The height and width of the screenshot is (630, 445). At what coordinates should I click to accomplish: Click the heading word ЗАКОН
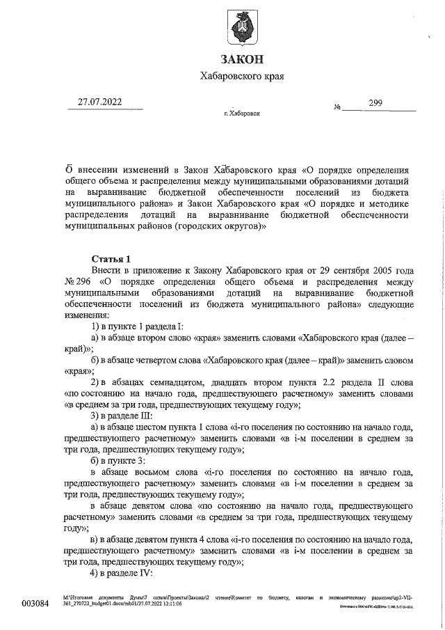(x=242, y=59)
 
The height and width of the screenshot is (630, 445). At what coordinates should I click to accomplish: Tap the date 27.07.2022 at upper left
(x=99, y=103)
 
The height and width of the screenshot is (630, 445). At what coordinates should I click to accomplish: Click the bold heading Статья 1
(x=111, y=259)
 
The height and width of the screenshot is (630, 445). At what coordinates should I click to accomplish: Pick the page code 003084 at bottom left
(x=36, y=603)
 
